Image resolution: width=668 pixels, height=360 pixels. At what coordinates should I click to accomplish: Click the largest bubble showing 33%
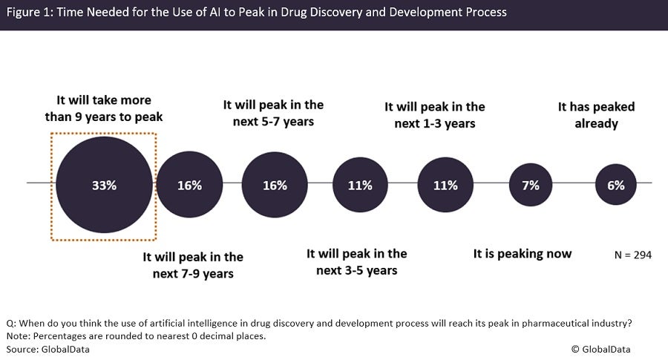(x=105, y=185)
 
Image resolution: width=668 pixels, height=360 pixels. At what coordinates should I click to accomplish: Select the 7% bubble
(x=530, y=185)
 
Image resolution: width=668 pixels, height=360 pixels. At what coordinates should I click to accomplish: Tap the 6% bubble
(x=615, y=185)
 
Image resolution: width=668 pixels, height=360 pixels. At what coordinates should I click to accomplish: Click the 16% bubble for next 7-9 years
(x=189, y=185)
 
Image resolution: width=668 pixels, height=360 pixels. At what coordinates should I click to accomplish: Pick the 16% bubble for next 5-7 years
(x=274, y=185)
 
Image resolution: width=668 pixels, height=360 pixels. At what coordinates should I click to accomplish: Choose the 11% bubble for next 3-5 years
(x=359, y=185)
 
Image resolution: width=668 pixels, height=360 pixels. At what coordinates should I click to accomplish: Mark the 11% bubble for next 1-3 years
(x=445, y=185)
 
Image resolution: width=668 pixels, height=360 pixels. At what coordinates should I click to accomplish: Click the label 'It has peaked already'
(x=596, y=115)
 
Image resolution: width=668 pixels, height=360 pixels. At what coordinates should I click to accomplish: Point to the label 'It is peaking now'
(x=523, y=254)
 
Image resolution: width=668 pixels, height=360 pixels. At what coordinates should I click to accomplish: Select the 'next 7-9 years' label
(x=193, y=265)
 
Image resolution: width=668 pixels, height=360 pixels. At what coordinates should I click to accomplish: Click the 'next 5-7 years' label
(x=274, y=113)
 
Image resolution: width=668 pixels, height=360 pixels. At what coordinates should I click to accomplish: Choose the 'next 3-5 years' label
(x=357, y=262)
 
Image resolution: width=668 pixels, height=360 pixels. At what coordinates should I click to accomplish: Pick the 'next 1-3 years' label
(x=435, y=115)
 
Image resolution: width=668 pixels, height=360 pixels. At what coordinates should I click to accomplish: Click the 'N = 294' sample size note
(x=632, y=255)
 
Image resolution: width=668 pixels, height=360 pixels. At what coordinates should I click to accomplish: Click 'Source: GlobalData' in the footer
(x=48, y=349)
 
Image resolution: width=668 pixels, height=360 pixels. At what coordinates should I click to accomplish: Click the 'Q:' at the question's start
(x=10, y=323)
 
